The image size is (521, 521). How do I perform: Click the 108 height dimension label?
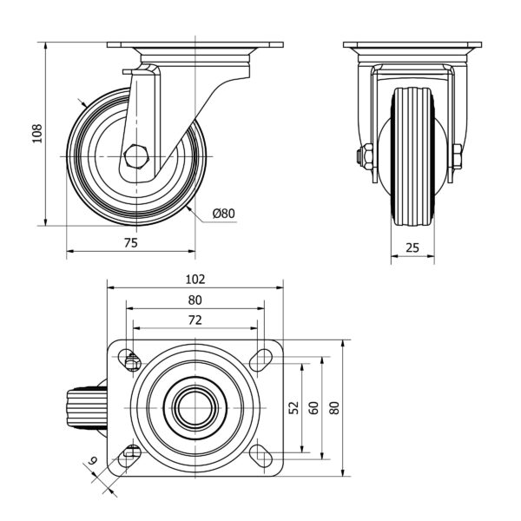(37, 133)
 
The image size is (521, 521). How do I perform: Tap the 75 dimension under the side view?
(130, 244)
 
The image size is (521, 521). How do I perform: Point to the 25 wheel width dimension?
(412, 247)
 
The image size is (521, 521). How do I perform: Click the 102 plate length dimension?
(195, 279)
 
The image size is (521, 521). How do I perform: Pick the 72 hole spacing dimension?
(195, 320)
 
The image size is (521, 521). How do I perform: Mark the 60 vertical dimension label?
(313, 407)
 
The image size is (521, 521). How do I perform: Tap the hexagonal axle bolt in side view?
(137, 156)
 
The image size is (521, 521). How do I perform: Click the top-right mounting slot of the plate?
(260, 359)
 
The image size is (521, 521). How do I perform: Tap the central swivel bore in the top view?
(195, 406)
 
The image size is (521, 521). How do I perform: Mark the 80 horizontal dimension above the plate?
(195, 300)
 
